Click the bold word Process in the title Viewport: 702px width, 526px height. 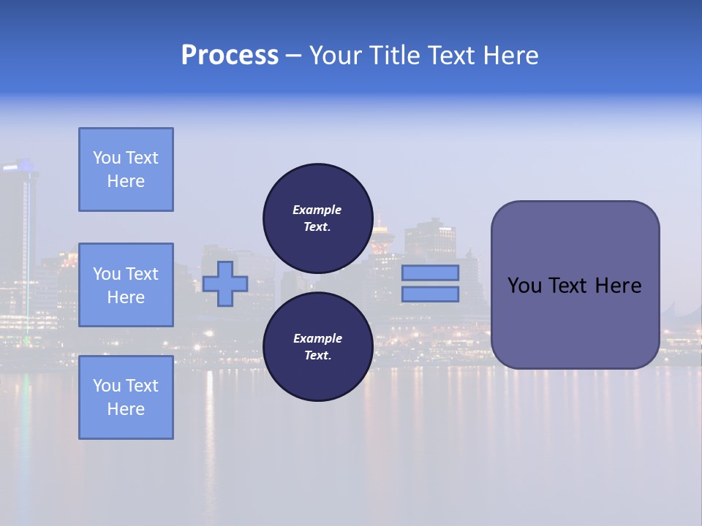pos(230,56)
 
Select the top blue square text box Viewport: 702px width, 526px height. pos(126,169)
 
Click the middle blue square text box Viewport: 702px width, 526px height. pos(126,285)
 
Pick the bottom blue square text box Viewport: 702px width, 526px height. pos(126,397)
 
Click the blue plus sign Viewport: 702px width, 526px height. pos(225,283)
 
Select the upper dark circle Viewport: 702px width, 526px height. pos(317,218)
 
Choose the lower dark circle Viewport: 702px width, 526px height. pos(317,346)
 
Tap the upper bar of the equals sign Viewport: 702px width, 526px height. pos(430,272)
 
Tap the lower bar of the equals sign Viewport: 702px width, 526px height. pos(430,294)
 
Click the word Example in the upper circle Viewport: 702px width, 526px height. pos(317,210)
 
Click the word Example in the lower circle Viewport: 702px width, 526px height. pos(317,338)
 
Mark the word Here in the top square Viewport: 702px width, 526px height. pos(126,181)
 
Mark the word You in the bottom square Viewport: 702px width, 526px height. pos(106,386)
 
